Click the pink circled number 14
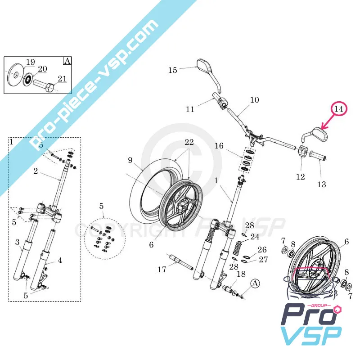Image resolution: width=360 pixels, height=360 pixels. (x=339, y=109)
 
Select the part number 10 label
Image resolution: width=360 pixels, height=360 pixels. (x=255, y=100)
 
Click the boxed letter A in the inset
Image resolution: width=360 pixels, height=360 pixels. (x=67, y=61)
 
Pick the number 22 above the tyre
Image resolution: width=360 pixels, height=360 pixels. (x=189, y=142)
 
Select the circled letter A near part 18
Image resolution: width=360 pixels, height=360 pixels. (x=255, y=283)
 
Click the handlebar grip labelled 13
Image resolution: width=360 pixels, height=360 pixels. (x=317, y=158)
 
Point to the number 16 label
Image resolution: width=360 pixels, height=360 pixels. (x=219, y=146)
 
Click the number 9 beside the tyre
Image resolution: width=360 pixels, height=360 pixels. (x=130, y=160)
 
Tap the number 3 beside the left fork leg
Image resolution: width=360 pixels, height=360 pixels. (x=17, y=243)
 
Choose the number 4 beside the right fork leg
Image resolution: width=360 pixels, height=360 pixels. (x=59, y=260)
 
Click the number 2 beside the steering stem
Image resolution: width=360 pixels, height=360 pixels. (x=36, y=171)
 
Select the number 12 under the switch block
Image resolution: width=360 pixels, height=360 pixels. (x=301, y=177)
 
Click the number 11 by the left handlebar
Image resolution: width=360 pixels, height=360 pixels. (x=190, y=109)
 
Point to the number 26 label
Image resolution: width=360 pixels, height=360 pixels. (x=262, y=250)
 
